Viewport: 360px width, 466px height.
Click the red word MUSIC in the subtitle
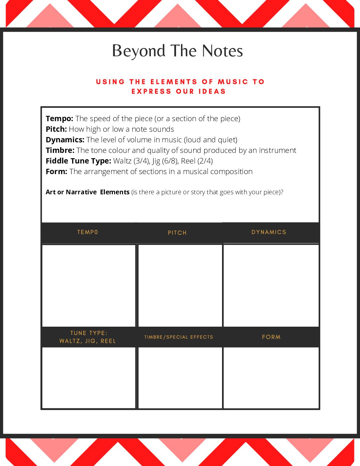click(x=233, y=82)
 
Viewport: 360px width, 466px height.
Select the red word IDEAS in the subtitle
click(x=212, y=91)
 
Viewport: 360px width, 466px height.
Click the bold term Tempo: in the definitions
click(x=59, y=118)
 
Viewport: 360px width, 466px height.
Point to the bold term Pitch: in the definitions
click(x=56, y=129)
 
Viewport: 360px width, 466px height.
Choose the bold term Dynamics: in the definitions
click(x=65, y=140)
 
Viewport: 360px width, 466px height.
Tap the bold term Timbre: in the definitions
click(x=60, y=150)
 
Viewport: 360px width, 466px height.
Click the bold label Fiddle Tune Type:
click(x=78, y=161)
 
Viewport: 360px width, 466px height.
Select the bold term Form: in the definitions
click(x=56, y=171)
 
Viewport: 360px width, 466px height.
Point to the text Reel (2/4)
click(x=197, y=161)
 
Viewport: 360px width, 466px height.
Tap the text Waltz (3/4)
click(x=131, y=161)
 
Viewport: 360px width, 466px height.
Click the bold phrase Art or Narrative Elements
click(x=87, y=192)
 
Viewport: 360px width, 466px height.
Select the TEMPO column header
click(x=88, y=232)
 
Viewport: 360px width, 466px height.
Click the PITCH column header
click(x=177, y=233)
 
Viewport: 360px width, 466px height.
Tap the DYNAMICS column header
click(x=269, y=232)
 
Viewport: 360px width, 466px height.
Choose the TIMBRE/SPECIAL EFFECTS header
click(x=179, y=337)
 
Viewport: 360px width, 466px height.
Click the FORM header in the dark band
click(x=271, y=337)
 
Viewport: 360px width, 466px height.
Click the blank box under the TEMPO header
click(x=89, y=285)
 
